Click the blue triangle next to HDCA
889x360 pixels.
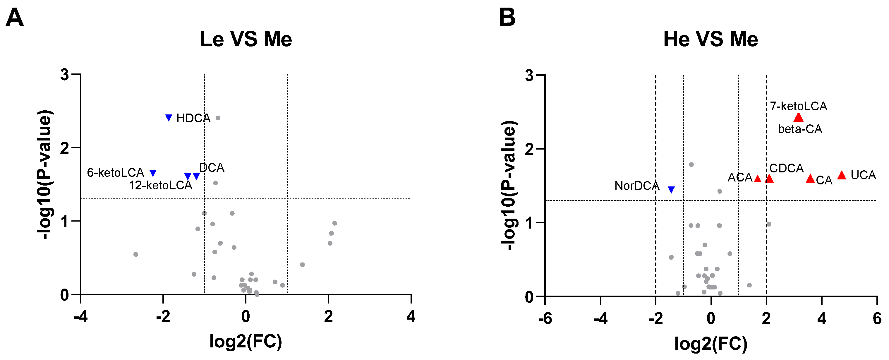click(169, 118)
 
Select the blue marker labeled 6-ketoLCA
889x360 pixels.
click(153, 173)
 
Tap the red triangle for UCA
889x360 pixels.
click(841, 175)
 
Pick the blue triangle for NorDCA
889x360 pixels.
click(671, 189)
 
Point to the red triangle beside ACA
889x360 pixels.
click(758, 179)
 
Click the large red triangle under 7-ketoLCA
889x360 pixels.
click(798, 118)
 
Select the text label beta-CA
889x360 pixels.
click(800, 129)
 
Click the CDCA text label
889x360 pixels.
click(787, 168)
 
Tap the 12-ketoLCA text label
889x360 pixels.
click(160, 185)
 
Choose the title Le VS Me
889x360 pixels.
click(246, 39)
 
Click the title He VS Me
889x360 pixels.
click(710, 39)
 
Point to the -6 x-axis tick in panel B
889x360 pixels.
click(545, 318)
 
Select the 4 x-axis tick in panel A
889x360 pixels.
click(411, 316)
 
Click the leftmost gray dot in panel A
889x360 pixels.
click(135, 254)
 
